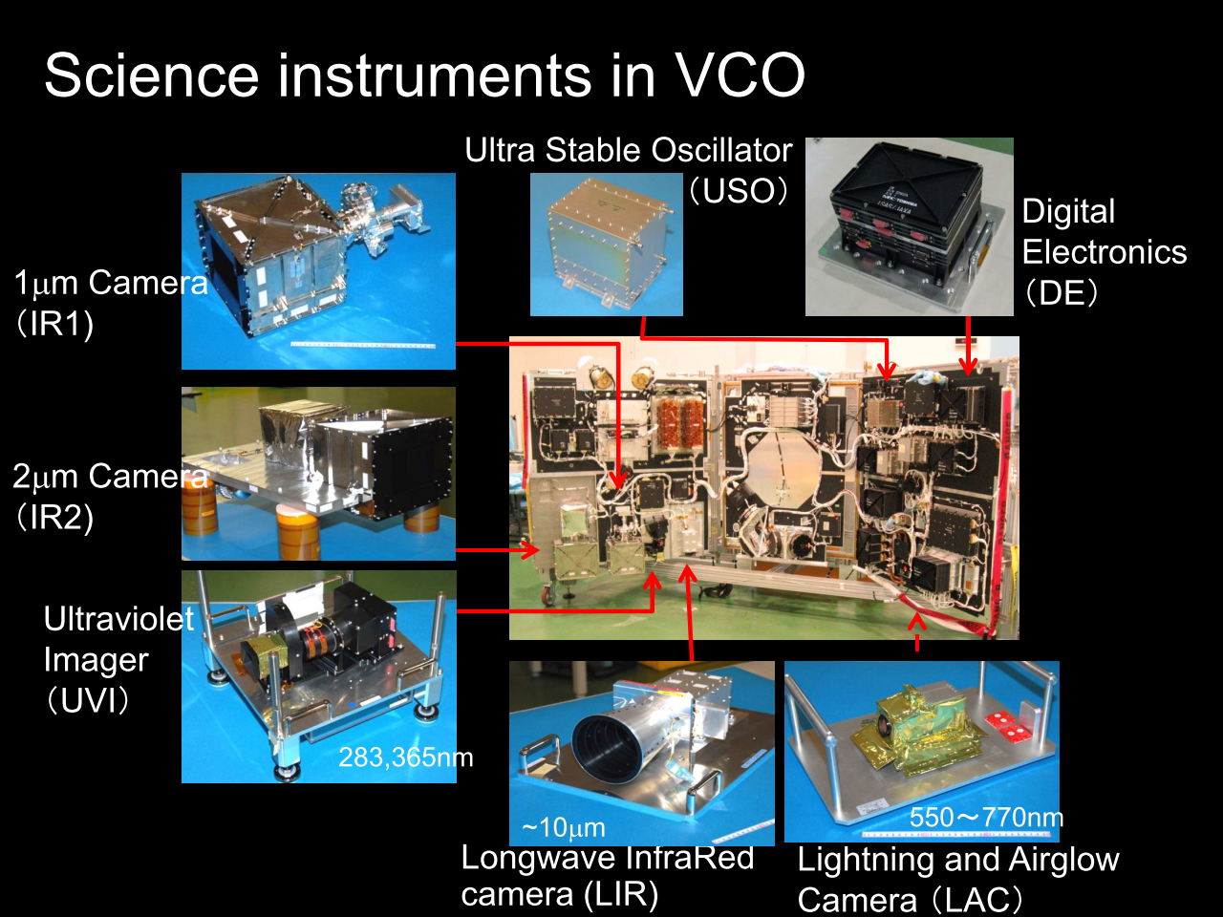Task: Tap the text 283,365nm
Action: pyautogui.click(x=406, y=757)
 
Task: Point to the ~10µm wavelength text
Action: pyautogui.click(x=564, y=828)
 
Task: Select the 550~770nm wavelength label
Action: pyautogui.click(x=986, y=818)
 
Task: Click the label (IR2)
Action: pyautogui.click(x=54, y=517)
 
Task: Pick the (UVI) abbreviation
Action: pyautogui.click(x=88, y=700)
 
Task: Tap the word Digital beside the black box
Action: pyautogui.click(x=1068, y=212)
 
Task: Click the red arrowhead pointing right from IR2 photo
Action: pyautogui.click(x=530, y=550)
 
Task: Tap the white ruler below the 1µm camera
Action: pyautogui.click(x=363, y=346)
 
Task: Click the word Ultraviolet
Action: pyautogui.click(x=118, y=618)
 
